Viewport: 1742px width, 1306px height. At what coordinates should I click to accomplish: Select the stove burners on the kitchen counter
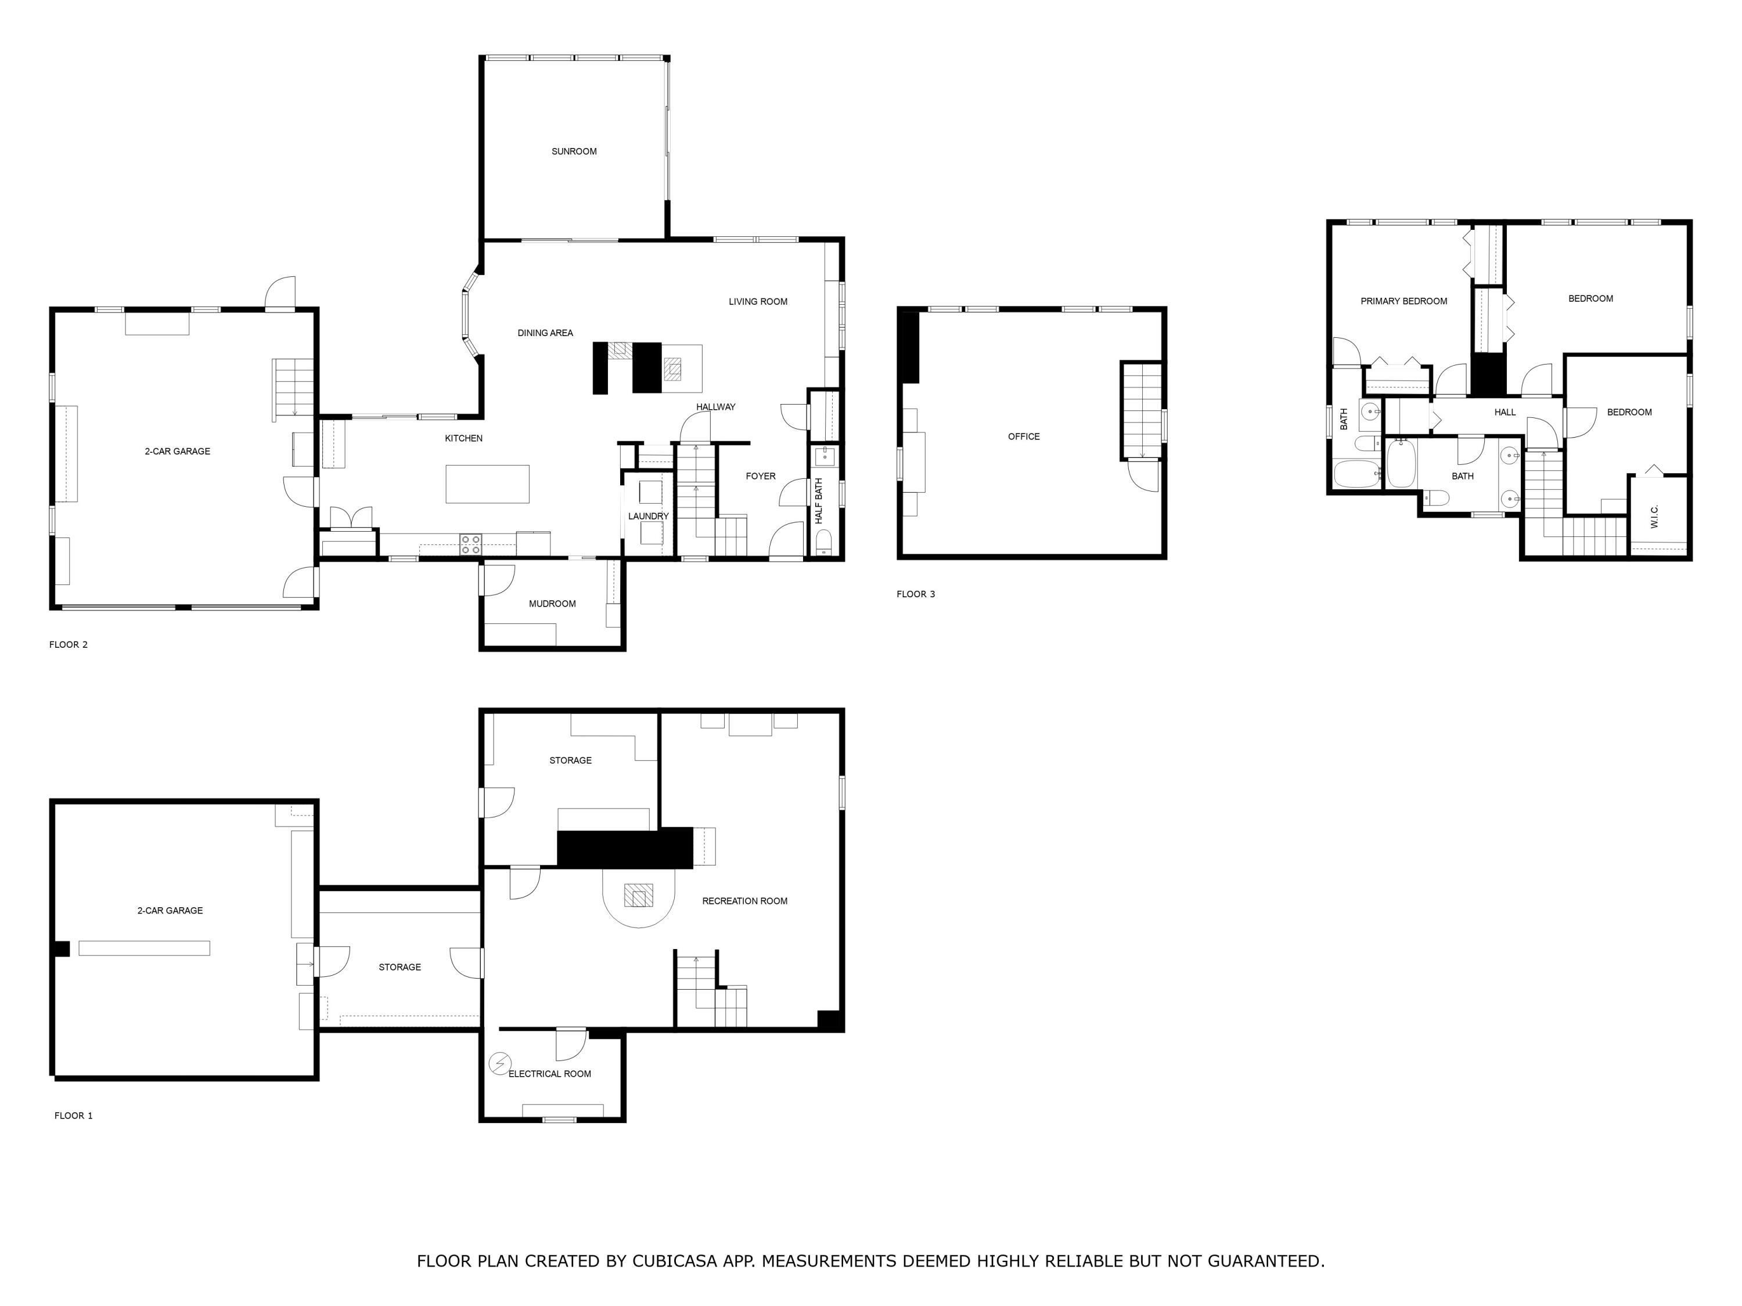tap(471, 544)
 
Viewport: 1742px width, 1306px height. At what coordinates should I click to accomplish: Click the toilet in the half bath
tap(823, 542)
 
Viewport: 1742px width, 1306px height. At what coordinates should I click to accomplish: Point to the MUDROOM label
tap(552, 604)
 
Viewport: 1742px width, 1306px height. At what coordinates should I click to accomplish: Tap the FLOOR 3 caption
tap(915, 594)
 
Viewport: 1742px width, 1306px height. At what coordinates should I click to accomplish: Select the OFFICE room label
tap(1023, 436)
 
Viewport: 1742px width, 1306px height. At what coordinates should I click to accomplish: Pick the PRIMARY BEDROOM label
tap(1403, 301)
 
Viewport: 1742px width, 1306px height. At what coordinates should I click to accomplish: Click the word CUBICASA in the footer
tap(674, 1260)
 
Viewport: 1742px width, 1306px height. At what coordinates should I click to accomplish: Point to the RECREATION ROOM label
tap(744, 901)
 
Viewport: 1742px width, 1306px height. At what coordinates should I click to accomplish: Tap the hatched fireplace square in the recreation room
tap(638, 895)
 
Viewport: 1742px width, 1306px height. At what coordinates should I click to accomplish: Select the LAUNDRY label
tap(648, 517)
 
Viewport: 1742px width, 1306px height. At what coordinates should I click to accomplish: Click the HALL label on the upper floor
tap(1504, 412)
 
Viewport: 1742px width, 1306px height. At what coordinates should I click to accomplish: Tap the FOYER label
tap(760, 477)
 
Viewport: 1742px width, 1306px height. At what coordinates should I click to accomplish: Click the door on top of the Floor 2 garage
tap(280, 293)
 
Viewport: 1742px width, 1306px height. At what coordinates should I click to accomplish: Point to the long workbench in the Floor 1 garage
tap(144, 948)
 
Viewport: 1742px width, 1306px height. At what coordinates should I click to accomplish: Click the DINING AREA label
tap(545, 333)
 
